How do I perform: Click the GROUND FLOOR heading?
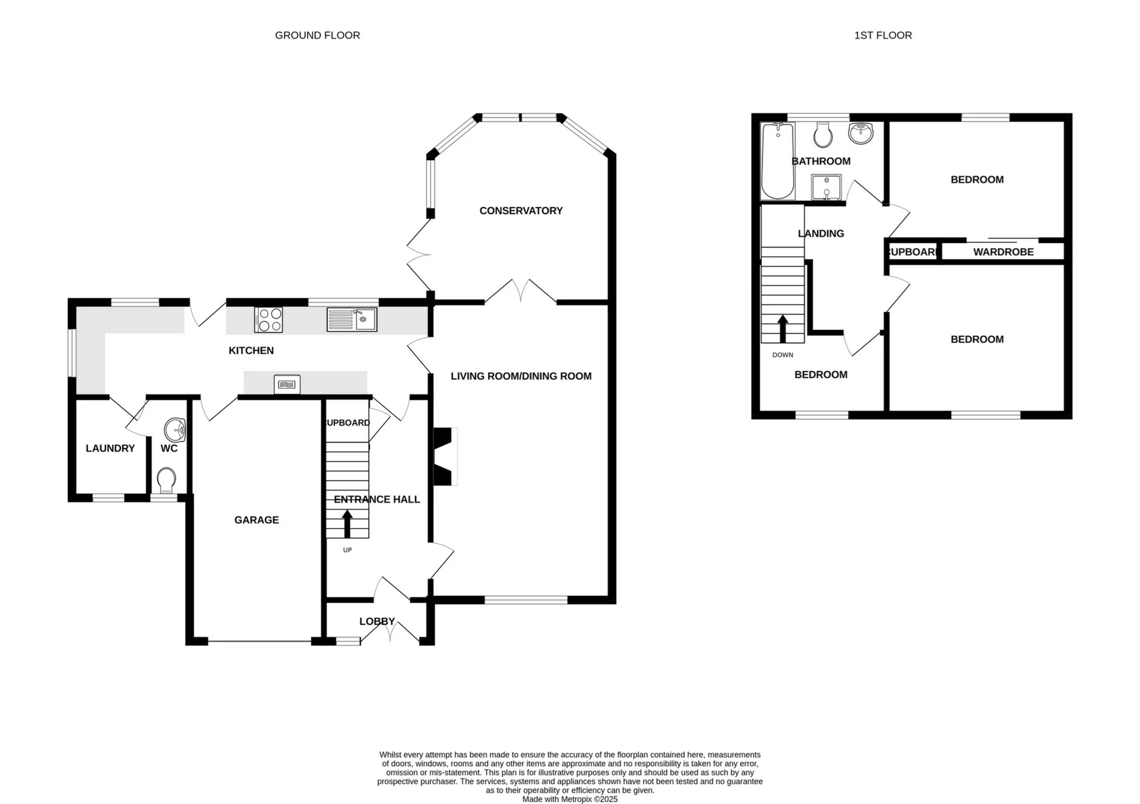coord(317,36)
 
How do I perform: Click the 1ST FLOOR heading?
coord(882,36)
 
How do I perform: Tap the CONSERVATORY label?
coord(521,211)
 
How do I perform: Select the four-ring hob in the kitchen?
coord(268,320)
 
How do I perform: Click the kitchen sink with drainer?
coord(351,320)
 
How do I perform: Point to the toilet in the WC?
coord(166,479)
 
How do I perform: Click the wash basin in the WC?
coord(176,429)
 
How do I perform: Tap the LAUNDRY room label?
coord(110,449)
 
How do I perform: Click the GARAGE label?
coord(256,520)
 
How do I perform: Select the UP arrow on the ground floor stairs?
coord(347,523)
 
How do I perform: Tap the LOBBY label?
coord(376,621)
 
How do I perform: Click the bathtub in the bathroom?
coord(777,161)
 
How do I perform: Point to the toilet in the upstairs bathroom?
coord(822,135)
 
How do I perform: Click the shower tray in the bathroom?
coord(826,187)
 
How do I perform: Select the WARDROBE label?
coord(1003,252)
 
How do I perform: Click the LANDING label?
coord(821,234)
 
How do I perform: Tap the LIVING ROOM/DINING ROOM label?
coord(521,376)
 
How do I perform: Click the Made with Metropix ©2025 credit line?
coord(569,799)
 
